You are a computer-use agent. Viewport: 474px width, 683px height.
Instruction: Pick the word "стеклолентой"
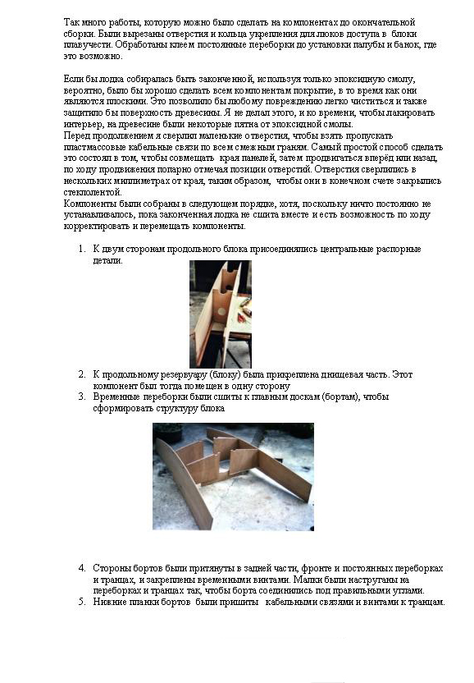pos(93,192)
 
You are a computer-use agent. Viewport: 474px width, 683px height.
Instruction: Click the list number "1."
pos(82,250)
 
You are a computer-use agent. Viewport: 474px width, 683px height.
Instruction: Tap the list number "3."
pos(82,397)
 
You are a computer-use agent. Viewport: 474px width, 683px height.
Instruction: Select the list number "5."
pos(82,602)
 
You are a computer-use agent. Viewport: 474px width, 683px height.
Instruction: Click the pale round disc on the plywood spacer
pos(221,312)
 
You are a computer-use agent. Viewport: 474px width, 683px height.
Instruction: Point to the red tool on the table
pos(245,301)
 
